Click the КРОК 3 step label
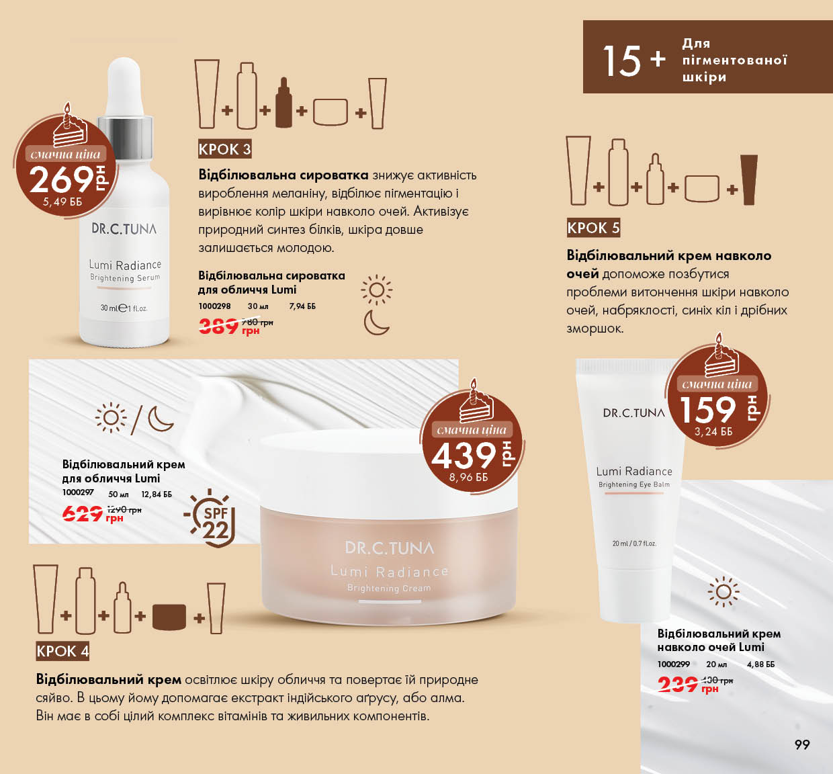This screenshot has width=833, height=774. click(x=225, y=149)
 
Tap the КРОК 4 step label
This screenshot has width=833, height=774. click(x=62, y=651)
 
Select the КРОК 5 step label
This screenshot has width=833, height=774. click(x=593, y=228)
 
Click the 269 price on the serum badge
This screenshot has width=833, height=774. click(x=61, y=179)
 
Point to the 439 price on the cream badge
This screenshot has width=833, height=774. click(x=464, y=456)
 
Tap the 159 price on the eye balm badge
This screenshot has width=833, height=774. click(x=707, y=410)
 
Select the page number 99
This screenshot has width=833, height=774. click(x=802, y=744)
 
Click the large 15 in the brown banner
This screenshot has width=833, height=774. click(x=622, y=61)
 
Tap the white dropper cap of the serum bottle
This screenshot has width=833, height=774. click(x=123, y=87)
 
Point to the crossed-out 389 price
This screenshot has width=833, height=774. click(x=218, y=327)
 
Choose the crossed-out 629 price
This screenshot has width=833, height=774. click(x=83, y=513)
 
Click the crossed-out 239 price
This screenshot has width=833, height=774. click(x=677, y=685)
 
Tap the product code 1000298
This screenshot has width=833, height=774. click(x=214, y=306)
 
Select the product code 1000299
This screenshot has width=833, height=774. click(x=674, y=664)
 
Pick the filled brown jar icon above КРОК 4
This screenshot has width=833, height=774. click(x=169, y=617)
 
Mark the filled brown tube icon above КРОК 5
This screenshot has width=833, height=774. click(x=749, y=180)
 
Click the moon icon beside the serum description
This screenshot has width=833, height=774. click(x=376, y=322)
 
